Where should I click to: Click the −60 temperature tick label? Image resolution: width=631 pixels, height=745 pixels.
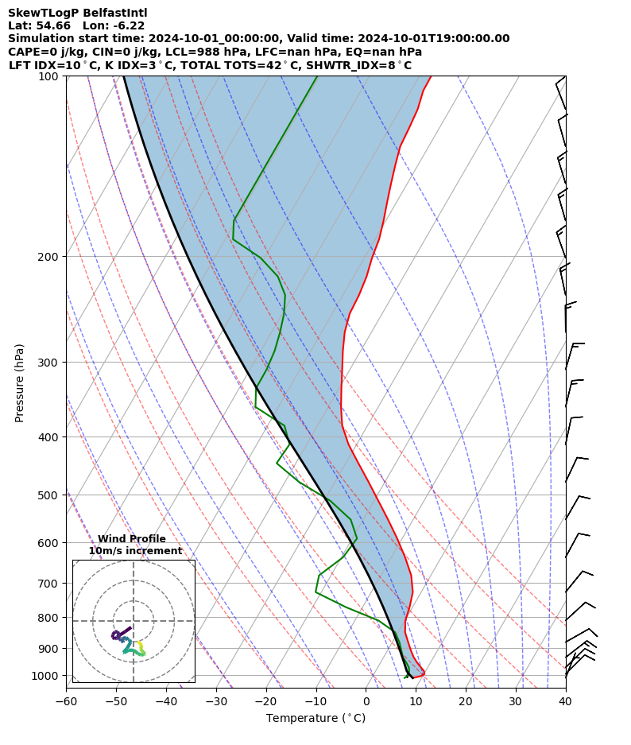pos(66,701)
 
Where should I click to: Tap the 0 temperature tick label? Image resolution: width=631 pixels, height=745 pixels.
pos(366,701)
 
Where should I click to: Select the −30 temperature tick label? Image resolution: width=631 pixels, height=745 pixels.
pos(215,701)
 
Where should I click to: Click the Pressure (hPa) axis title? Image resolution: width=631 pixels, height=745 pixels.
pos(19,382)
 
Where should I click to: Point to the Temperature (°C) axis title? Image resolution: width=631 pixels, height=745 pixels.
pos(315,719)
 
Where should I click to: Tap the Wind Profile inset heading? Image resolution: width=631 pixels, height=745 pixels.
pos(132,539)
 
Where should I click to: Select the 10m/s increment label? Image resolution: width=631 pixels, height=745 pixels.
pos(135,551)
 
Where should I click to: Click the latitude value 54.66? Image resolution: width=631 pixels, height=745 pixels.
pos(53,25)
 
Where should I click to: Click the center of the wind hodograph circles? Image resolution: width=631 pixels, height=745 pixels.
pos(134,621)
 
